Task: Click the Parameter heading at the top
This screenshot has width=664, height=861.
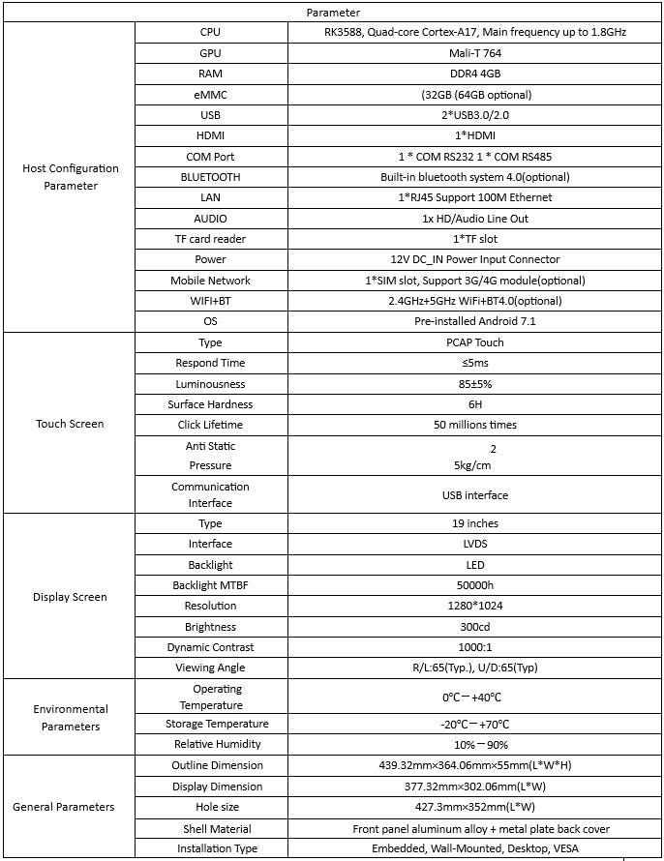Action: pyautogui.click(x=333, y=13)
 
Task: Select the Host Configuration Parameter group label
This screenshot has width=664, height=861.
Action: pyautogui.click(x=71, y=177)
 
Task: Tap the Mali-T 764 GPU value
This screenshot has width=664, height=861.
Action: pyautogui.click(x=474, y=53)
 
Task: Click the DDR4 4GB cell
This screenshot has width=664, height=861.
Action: pyautogui.click(x=474, y=74)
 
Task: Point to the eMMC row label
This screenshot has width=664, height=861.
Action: pyautogui.click(x=210, y=95)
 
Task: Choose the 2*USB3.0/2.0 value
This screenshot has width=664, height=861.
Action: pyautogui.click(x=474, y=115)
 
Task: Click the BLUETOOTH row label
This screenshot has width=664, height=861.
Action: pyautogui.click(x=210, y=177)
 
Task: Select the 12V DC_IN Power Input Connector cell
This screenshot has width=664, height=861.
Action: pyautogui.click(x=474, y=259)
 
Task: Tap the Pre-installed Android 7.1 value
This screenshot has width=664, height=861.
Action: pyautogui.click(x=474, y=321)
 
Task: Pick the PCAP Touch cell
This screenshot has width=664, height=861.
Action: pyautogui.click(x=474, y=342)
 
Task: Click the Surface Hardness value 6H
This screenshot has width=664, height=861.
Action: pyautogui.click(x=474, y=404)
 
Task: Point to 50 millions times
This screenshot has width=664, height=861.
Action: pyautogui.click(x=474, y=425)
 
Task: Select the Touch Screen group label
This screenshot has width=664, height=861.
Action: pyautogui.click(x=70, y=424)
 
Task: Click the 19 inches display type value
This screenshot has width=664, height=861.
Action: pyautogui.click(x=474, y=523)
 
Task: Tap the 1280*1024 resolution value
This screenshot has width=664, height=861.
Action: pyautogui.click(x=474, y=606)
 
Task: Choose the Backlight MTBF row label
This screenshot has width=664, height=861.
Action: pyautogui.click(x=210, y=585)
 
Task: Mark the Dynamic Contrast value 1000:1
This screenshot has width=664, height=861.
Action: pyautogui.click(x=474, y=647)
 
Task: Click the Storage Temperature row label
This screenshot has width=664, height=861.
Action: pyautogui.click(x=210, y=724)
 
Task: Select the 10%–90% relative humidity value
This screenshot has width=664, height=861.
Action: pyautogui.click(x=474, y=745)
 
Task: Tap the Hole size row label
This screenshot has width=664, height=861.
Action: pyautogui.click(x=210, y=807)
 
